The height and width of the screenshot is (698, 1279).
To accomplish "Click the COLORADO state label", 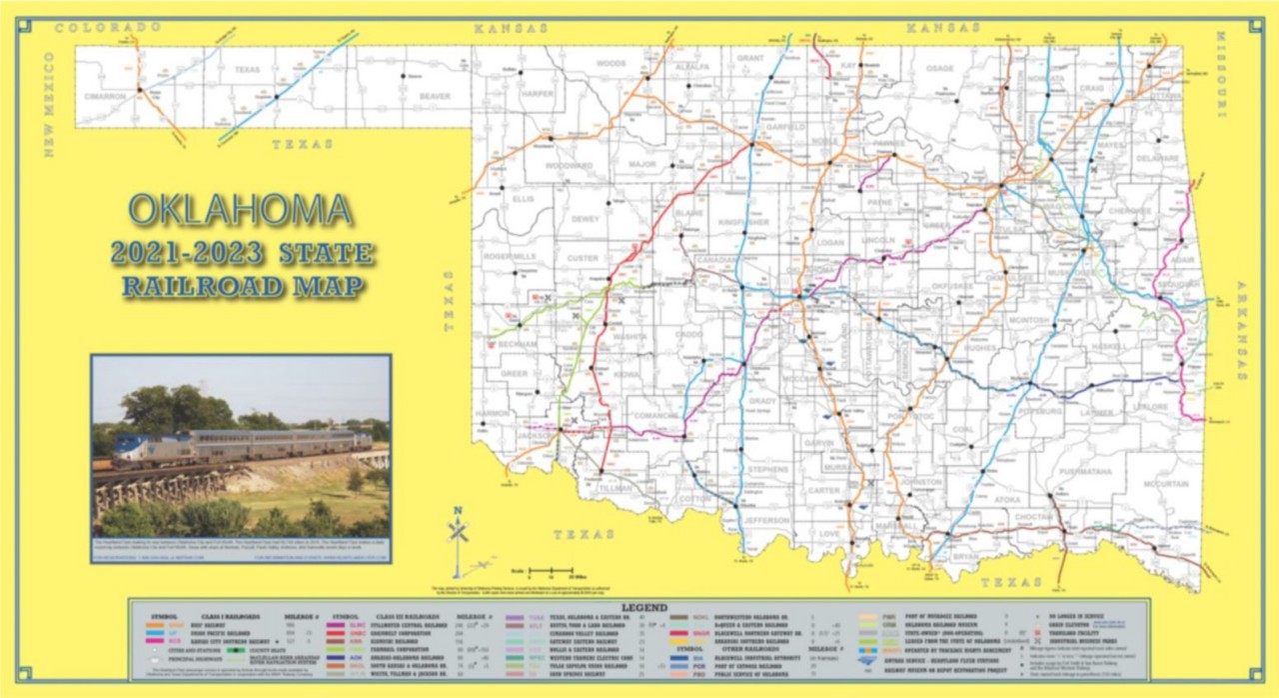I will tap(107, 27).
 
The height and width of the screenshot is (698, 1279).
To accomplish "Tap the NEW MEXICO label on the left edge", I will tap(48, 105).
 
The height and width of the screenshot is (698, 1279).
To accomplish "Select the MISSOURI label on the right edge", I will tap(1221, 75).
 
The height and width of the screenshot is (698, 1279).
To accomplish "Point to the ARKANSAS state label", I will tap(1242, 331).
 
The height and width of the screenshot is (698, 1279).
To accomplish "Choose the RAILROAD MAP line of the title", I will tap(243, 286).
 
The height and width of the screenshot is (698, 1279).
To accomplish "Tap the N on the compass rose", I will tap(458, 511).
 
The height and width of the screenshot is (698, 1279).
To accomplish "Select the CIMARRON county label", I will tap(105, 97).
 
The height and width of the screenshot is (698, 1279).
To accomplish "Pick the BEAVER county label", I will tap(435, 96).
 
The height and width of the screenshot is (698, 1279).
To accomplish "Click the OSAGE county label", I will tap(939, 68).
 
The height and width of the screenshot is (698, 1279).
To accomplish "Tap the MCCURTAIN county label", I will tap(1165, 484).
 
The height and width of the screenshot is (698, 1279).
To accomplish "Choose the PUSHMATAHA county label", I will tap(1071, 470).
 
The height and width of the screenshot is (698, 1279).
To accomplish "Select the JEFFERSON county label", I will tap(766, 521).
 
